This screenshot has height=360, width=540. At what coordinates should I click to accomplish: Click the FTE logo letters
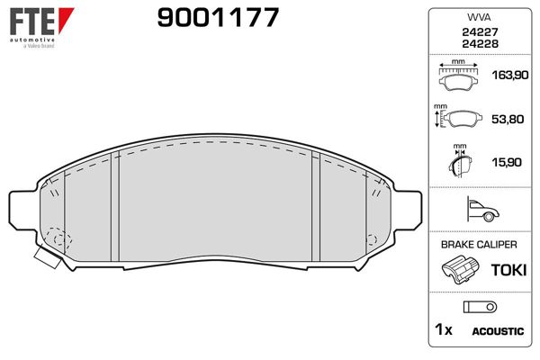[32, 22]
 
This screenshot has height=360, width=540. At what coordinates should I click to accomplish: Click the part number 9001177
[218, 18]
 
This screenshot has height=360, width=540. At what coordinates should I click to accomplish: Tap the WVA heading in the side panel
[479, 17]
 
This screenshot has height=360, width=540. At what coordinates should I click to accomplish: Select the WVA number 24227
[480, 32]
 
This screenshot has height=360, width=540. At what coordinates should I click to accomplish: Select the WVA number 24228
[480, 44]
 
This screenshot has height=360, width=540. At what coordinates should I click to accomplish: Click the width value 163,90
[509, 75]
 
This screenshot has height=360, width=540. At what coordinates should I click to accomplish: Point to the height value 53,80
[508, 119]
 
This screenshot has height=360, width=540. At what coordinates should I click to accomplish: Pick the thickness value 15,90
[507, 162]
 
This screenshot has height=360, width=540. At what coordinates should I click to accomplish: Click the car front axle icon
[483, 209]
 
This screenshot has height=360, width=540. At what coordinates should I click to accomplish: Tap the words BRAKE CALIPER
[479, 245]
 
